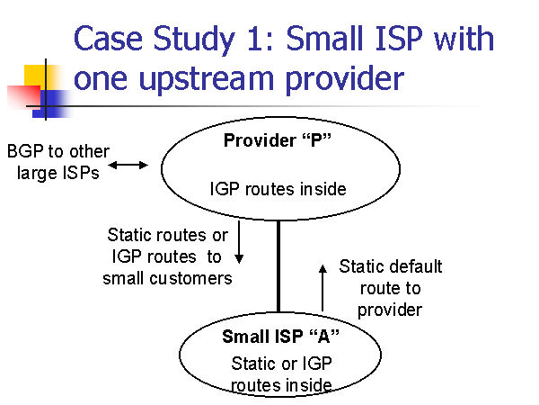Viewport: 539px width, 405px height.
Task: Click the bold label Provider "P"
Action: point(277,140)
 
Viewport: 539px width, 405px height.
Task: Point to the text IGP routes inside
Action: point(278,189)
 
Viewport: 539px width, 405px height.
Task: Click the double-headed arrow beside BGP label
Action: point(128,166)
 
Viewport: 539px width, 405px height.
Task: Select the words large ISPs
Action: point(58,173)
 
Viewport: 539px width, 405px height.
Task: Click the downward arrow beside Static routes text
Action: point(239,242)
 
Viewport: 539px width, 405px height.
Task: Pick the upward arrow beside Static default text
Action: point(323,288)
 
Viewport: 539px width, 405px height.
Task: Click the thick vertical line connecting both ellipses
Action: point(278,266)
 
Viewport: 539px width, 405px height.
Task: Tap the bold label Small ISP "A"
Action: point(280,337)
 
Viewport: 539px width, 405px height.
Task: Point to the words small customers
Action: point(167,278)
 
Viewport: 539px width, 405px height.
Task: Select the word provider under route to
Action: point(390,310)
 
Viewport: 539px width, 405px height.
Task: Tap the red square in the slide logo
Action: point(23,97)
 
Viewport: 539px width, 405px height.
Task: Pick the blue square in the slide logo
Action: point(51,104)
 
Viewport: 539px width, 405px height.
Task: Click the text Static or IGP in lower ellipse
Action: point(281,364)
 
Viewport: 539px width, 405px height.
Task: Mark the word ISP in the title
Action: point(399,38)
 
